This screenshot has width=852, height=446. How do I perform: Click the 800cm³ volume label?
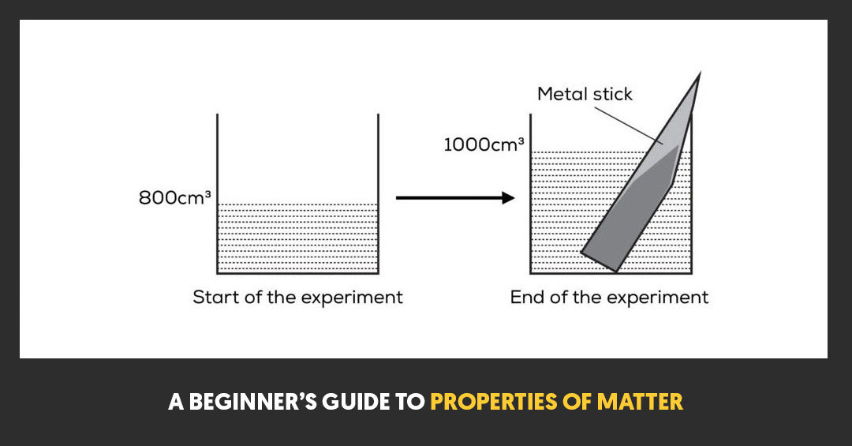coord(174,197)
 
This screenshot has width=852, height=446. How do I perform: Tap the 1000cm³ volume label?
coord(484,144)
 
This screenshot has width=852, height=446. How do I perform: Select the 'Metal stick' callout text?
coord(585,94)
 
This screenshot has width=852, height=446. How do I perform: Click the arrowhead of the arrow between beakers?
coord(506,197)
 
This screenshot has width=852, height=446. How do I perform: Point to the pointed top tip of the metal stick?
coord(698,76)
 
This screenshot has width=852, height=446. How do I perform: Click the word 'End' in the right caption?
coord(525,298)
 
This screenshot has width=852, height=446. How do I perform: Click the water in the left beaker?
coord(297,237)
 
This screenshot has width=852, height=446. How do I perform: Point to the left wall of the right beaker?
coord(530,205)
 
